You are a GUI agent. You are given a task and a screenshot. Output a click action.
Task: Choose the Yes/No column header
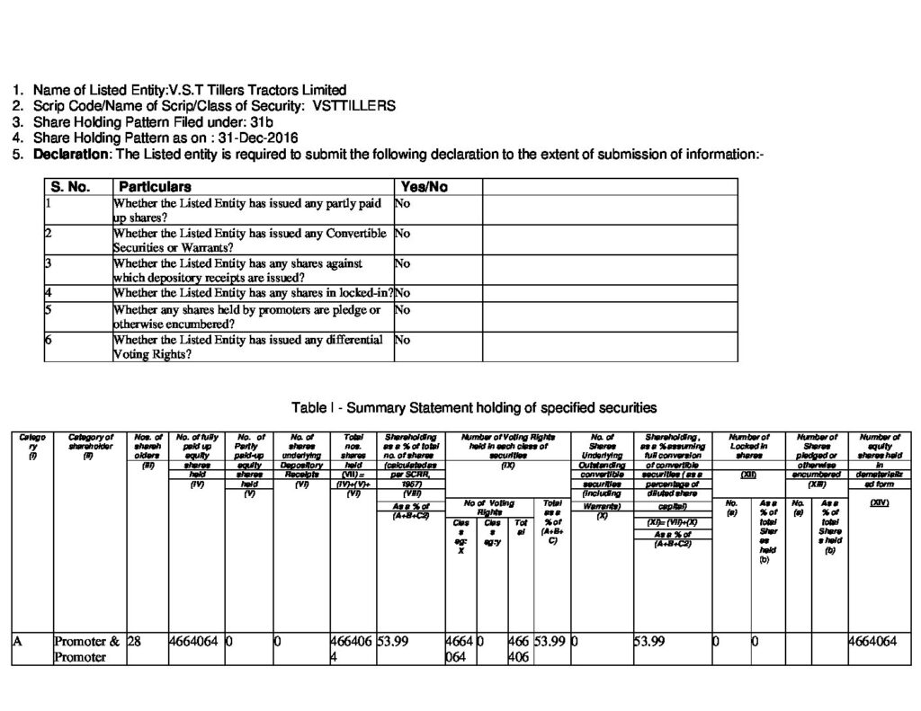pos(422,187)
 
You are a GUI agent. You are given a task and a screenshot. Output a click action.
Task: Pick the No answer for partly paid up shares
pos(403,203)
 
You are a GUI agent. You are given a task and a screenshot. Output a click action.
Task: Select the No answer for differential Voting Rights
pos(403,340)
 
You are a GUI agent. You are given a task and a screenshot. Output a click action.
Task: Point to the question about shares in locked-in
pos(253,293)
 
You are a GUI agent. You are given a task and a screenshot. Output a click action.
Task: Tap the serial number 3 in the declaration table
pos(49,263)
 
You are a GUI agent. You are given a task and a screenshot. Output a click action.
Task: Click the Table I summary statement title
pos(474,407)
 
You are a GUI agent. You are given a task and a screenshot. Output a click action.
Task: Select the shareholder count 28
pos(135,642)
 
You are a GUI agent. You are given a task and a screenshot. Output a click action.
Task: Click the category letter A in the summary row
pos(17,642)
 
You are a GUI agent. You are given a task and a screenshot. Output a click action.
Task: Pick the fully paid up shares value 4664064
pos(193,642)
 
